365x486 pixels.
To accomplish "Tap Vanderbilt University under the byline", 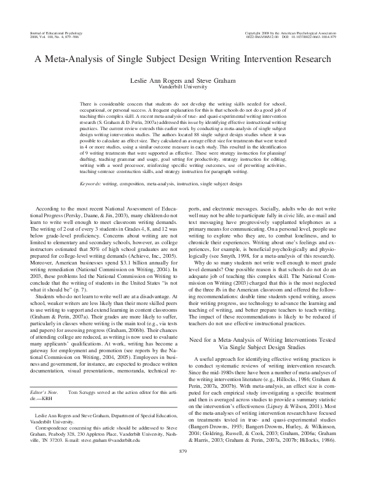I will click(x=182, y=88).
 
